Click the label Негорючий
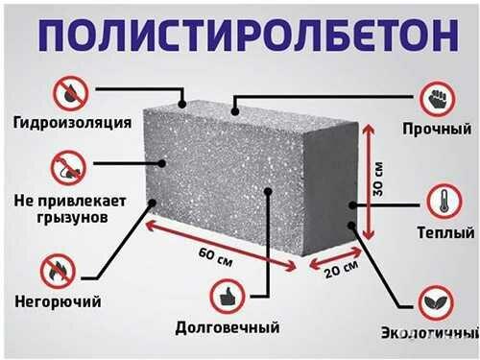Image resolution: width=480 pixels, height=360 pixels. click(56, 301)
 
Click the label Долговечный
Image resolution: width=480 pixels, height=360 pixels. click(228, 326)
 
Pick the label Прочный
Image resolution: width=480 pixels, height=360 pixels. click(438, 129)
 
